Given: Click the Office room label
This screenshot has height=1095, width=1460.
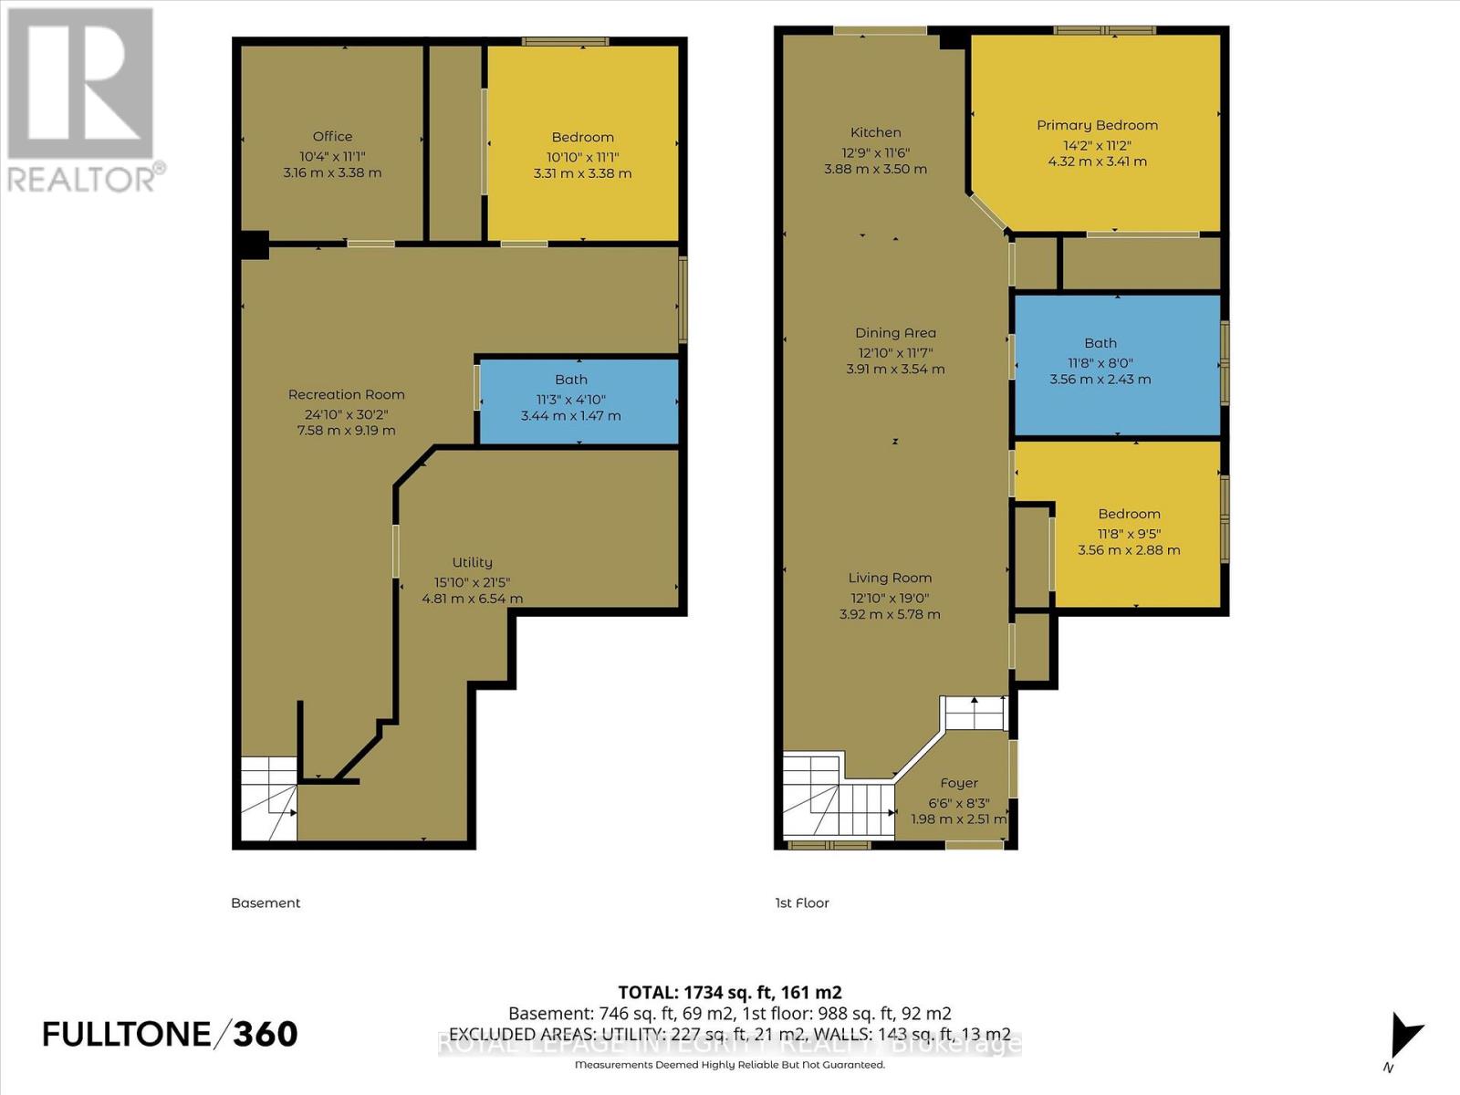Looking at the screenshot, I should pyautogui.click(x=332, y=136).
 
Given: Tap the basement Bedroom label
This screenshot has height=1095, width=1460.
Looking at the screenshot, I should pyautogui.click(x=582, y=137).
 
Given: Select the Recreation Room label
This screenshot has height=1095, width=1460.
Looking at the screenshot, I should pyautogui.click(x=346, y=394).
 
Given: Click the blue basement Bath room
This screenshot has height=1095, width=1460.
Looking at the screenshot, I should pyautogui.click(x=579, y=401).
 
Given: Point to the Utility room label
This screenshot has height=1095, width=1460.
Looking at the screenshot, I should pyautogui.click(x=472, y=562).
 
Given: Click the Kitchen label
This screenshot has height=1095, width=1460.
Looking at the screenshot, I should pyautogui.click(x=875, y=132).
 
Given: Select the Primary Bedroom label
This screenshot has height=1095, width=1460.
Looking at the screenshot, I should pyautogui.click(x=1097, y=125).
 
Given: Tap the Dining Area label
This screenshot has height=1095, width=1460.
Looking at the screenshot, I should pyautogui.click(x=895, y=333).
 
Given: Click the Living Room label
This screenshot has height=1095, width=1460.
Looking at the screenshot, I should pyautogui.click(x=890, y=578).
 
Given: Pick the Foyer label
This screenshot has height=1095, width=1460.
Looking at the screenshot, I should pyautogui.click(x=958, y=783).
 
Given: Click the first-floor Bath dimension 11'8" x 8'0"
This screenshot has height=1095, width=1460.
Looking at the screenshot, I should pyautogui.click(x=1100, y=362).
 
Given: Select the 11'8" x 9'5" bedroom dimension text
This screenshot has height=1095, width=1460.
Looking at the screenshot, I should pyautogui.click(x=1129, y=533).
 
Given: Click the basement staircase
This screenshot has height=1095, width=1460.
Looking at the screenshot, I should pyautogui.click(x=268, y=799).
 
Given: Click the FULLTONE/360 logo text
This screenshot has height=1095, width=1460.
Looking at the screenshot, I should pyautogui.click(x=170, y=1034).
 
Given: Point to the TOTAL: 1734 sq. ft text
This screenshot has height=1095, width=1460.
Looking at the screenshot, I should pyautogui.click(x=729, y=992).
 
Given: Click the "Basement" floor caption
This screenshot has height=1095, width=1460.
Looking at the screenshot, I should pyautogui.click(x=266, y=902).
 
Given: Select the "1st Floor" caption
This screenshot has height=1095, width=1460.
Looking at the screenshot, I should pyautogui.click(x=802, y=902).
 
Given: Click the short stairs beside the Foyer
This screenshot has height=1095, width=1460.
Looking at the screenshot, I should pyautogui.click(x=975, y=713).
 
